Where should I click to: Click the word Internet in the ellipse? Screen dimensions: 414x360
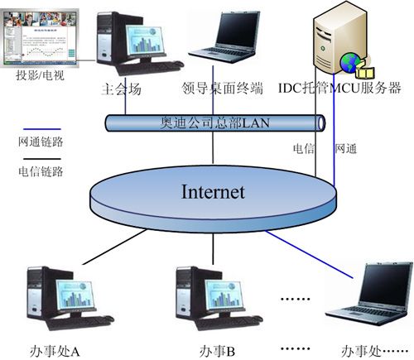pyautogui.click(x=213, y=192)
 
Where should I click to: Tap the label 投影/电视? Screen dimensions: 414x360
pyautogui.click(x=41, y=75)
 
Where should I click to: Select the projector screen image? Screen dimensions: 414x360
pyautogui.click(x=40, y=38)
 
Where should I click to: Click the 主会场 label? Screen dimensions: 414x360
pyautogui.click(x=121, y=89)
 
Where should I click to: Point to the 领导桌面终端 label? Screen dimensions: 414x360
pyautogui.click(x=222, y=89)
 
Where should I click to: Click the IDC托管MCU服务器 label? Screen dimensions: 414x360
pyautogui.click(x=339, y=89)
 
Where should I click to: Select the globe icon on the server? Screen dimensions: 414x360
pyautogui.click(x=350, y=63)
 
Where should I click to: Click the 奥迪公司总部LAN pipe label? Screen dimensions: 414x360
pyautogui.click(x=214, y=122)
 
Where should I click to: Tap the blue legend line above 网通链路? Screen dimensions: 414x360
pyautogui.click(x=42, y=129)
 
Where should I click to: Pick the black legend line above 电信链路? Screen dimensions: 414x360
pyautogui.click(x=42, y=159)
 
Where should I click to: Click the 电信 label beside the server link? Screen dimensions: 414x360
pyautogui.click(x=304, y=149)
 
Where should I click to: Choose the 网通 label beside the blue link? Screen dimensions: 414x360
pyautogui.click(x=346, y=149)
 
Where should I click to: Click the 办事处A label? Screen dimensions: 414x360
pyautogui.click(x=55, y=352)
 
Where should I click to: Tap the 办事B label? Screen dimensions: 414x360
pyautogui.click(x=217, y=352)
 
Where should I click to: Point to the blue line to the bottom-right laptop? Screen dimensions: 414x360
pyautogui.click(x=309, y=254)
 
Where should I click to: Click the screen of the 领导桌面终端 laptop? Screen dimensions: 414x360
pyautogui.click(x=238, y=30)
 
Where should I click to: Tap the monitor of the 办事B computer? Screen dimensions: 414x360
pyautogui.click(x=224, y=296)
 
